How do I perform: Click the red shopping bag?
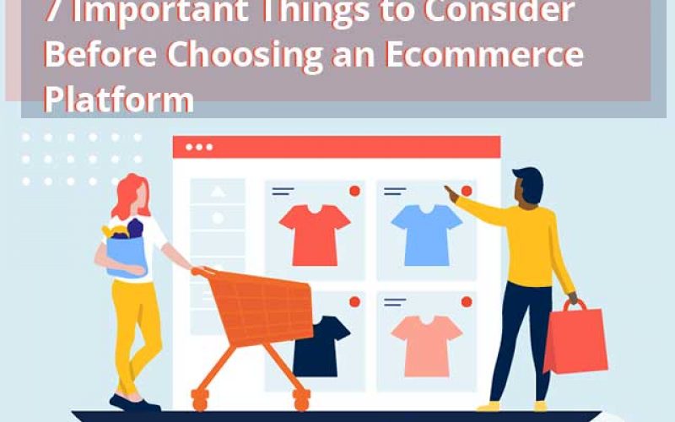575,338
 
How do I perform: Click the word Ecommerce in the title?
484,56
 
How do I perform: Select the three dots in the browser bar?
199,147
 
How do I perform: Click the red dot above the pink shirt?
466,301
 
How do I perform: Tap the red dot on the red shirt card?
354,192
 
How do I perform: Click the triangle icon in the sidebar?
218,192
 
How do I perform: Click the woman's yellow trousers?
137,329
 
